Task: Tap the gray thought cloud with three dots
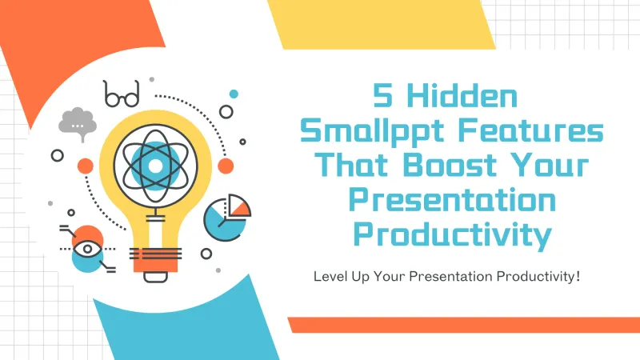(x=77, y=122)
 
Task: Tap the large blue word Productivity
(x=453, y=235)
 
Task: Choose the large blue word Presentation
(x=453, y=201)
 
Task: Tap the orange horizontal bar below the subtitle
(x=464, y=324)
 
